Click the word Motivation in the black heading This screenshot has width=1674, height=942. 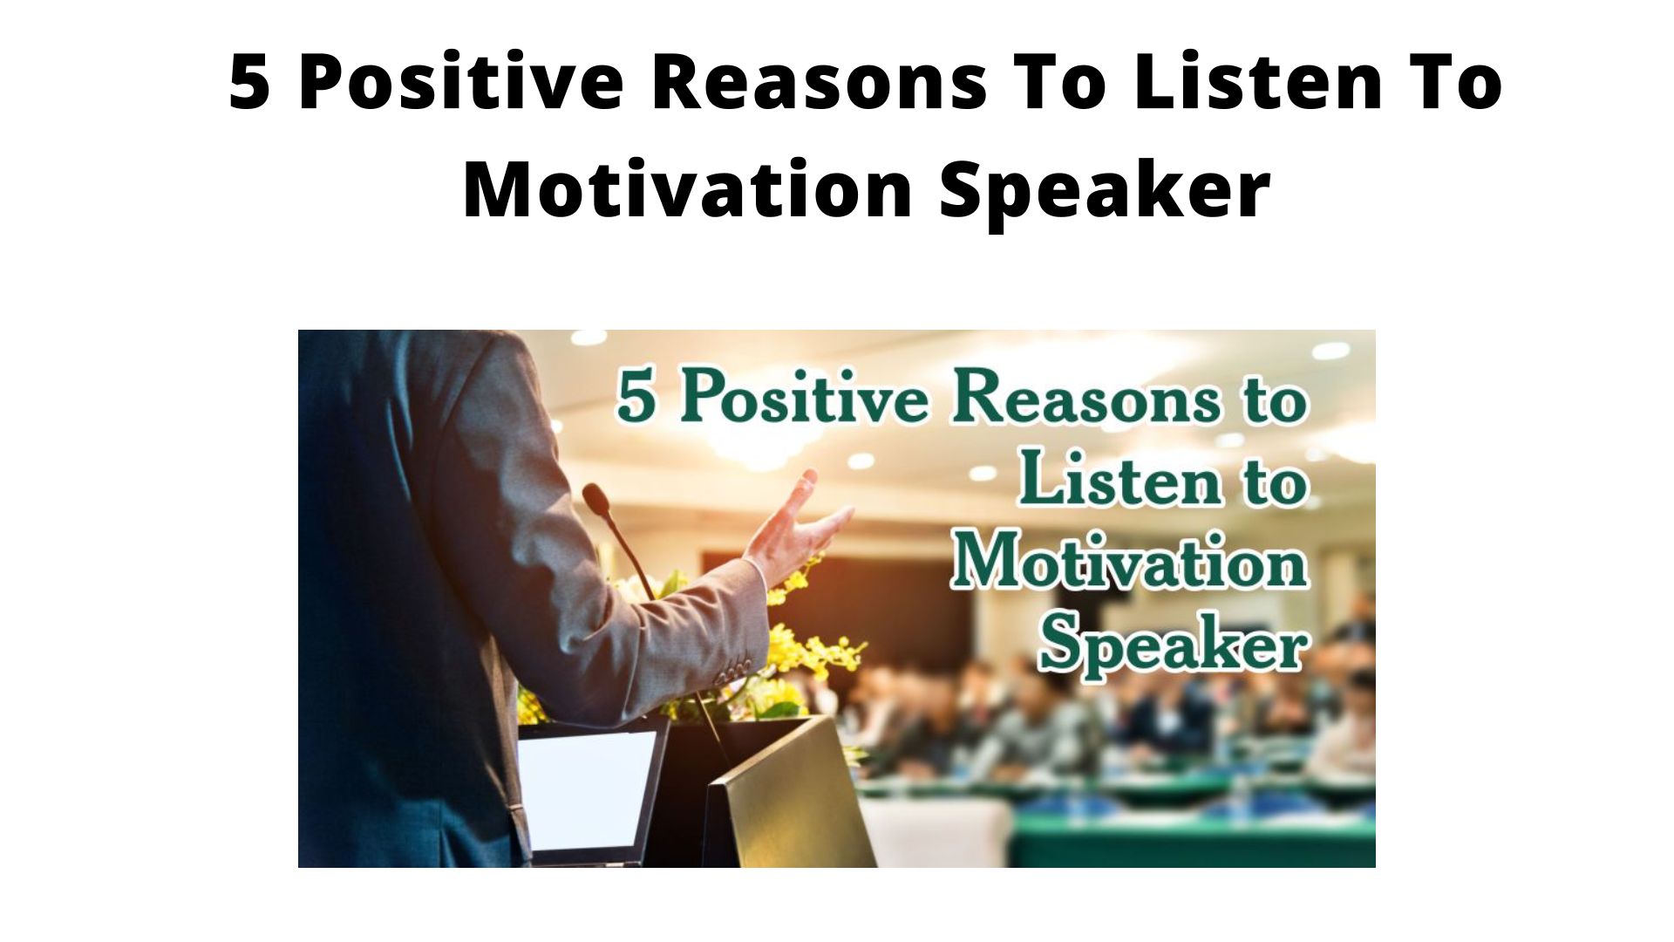[687, 188]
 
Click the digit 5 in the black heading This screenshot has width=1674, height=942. [249, 81]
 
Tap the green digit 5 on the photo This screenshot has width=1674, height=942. [636, 396]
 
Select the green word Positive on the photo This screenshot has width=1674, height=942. [804, 396]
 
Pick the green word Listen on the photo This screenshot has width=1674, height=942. [1119, 478]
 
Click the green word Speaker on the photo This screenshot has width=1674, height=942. [1174, 644]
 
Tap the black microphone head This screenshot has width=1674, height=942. [597, 500]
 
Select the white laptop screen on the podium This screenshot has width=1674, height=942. [587, 789]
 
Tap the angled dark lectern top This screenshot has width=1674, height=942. [789, 789]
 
